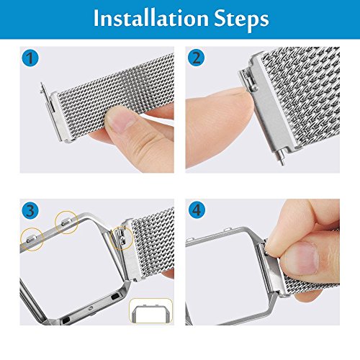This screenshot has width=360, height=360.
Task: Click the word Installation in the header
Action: tap(151, 19)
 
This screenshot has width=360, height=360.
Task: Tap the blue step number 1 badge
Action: tap(30, 58)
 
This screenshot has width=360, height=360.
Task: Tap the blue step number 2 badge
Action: tap(197, 58)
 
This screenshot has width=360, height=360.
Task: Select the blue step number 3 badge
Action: tap(30, 210)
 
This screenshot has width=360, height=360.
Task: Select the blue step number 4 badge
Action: tap(197, 210)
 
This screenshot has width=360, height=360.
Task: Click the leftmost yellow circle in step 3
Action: tap(32, 239)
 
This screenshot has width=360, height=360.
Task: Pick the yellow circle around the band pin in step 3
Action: tap(122, 238)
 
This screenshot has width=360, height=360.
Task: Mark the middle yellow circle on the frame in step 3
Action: tap(67, 222)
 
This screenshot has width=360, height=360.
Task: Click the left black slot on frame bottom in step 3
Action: tap(66, 320)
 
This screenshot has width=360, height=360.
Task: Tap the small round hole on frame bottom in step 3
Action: tap(91, 308)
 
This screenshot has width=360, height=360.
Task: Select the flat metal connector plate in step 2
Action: tap(272, 102)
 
